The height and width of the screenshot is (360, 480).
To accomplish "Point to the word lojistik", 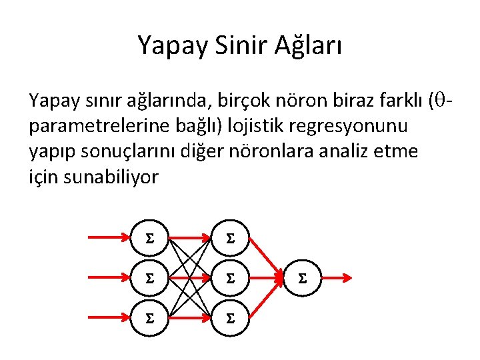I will (254, 126).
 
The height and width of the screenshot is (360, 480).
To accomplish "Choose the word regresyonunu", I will (351, 126).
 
